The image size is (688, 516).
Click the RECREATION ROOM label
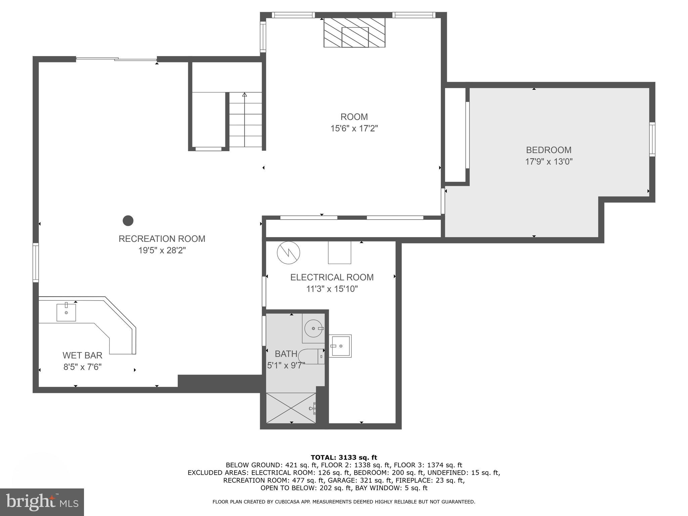point(162,239)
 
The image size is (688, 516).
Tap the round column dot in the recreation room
point(128,221)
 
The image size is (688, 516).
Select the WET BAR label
point(82,355)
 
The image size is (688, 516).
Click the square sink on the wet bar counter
point(66,312)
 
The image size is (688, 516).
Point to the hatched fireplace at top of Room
point(354,33)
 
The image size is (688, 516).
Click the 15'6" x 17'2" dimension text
point(354,129)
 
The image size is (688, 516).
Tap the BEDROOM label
point(549,150)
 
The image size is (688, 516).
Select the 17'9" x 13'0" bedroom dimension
point(549,162)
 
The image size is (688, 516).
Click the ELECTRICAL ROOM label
point(332,277)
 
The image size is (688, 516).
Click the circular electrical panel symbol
point(288,253)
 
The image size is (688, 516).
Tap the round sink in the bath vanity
point(313,328)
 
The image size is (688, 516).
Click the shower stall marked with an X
point(291,408)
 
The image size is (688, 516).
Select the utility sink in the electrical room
point(340,346)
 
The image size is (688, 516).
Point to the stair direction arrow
point(245,95)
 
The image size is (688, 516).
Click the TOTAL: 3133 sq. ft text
point(344,458)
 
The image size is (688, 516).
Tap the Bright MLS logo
point(42,502)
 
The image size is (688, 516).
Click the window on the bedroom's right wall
point(652,139)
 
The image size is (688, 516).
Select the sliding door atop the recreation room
point(116,59)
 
